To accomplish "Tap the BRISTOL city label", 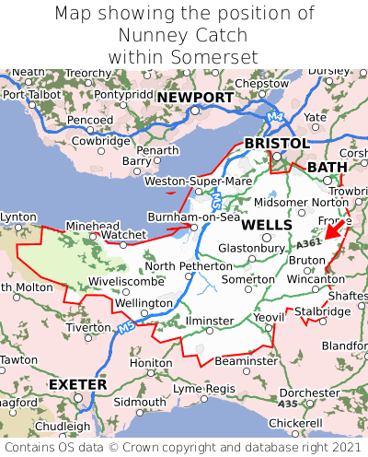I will click(x=276, y=144).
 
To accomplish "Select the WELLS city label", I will click(x=267, y=225).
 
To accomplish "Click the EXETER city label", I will click(x=78, y=383).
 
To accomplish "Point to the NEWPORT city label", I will click(x=194, y=98).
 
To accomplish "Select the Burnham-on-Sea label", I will click(x=194, y=217).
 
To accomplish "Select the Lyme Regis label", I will click(x=204, y=389).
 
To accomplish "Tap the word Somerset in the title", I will click(x=214, y=57).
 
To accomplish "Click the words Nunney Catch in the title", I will click(x=184, y=35).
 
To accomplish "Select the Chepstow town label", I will click(x=261, y=84).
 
